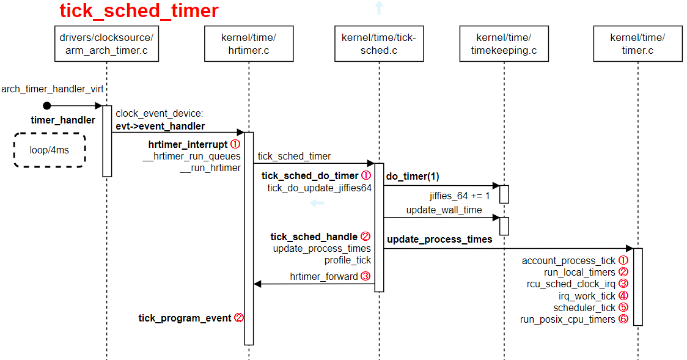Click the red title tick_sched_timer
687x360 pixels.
(139, 12)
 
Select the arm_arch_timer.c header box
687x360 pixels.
(106, 44)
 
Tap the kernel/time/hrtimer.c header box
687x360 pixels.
(249, 44)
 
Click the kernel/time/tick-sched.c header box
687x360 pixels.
(379, 44)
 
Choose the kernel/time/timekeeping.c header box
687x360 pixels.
(504, 44)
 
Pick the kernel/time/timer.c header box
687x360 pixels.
(637, 44)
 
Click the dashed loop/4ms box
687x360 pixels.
(50, 150)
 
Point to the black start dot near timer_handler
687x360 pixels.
(47, 106)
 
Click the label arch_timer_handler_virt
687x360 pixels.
(52, 89)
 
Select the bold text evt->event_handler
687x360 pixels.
(160, 126)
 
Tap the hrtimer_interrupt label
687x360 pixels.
(188, 145)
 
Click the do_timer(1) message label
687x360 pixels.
(413, 176)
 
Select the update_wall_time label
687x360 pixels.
(444, 210)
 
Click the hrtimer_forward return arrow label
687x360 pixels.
(324, 276)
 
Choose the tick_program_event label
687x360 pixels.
(185, 318)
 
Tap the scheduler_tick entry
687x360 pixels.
(584, 307)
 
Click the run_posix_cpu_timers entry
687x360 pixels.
(567, 319)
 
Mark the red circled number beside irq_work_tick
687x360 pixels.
(623, 296)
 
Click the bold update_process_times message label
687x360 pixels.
(439, 240)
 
